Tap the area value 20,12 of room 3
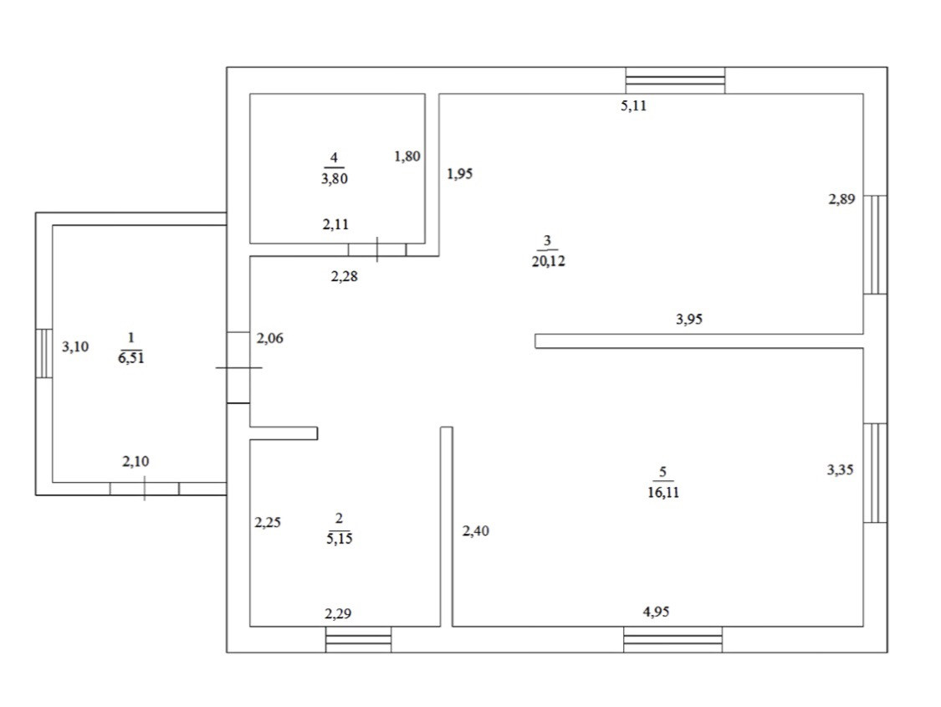pos(548,261)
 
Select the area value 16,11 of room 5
pos(662,492)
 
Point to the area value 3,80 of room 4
pos(334,177)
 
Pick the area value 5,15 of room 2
pos(338,539)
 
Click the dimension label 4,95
pos(656,612)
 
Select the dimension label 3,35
pos(841,470)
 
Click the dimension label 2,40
pos(476,530)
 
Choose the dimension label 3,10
pos(76,345)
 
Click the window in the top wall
pos(675,80)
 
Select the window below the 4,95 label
pos(673,639)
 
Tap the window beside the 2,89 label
pos(875,244)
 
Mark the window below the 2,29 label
pos(358,639)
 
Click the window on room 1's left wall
pos(43,354)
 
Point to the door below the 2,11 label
pos(377,249)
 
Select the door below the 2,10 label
pos(144,488)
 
